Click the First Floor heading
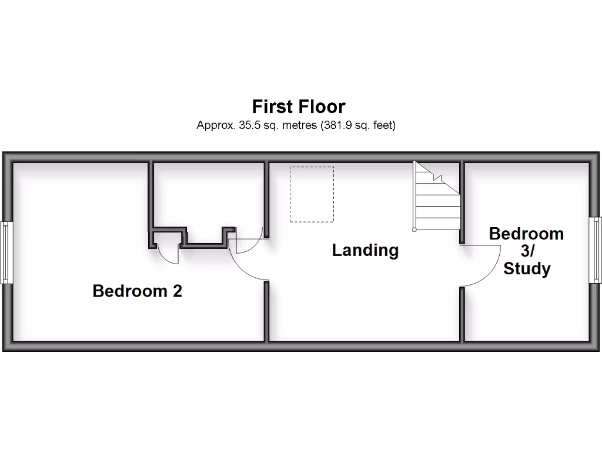[x=299, y=107]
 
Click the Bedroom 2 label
[x=138, y=291]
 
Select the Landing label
[x=365, y=250]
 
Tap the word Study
[x=527, y=270]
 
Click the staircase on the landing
[x=436, y=197]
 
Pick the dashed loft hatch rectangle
[x=312, y=194]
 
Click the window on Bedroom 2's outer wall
[x=6, y=252]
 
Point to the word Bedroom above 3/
[x=527, y=234]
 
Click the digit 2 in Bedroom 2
[x=177, y=291]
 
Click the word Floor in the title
[x=322, y=107]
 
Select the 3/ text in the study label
[x=527, y=251]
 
